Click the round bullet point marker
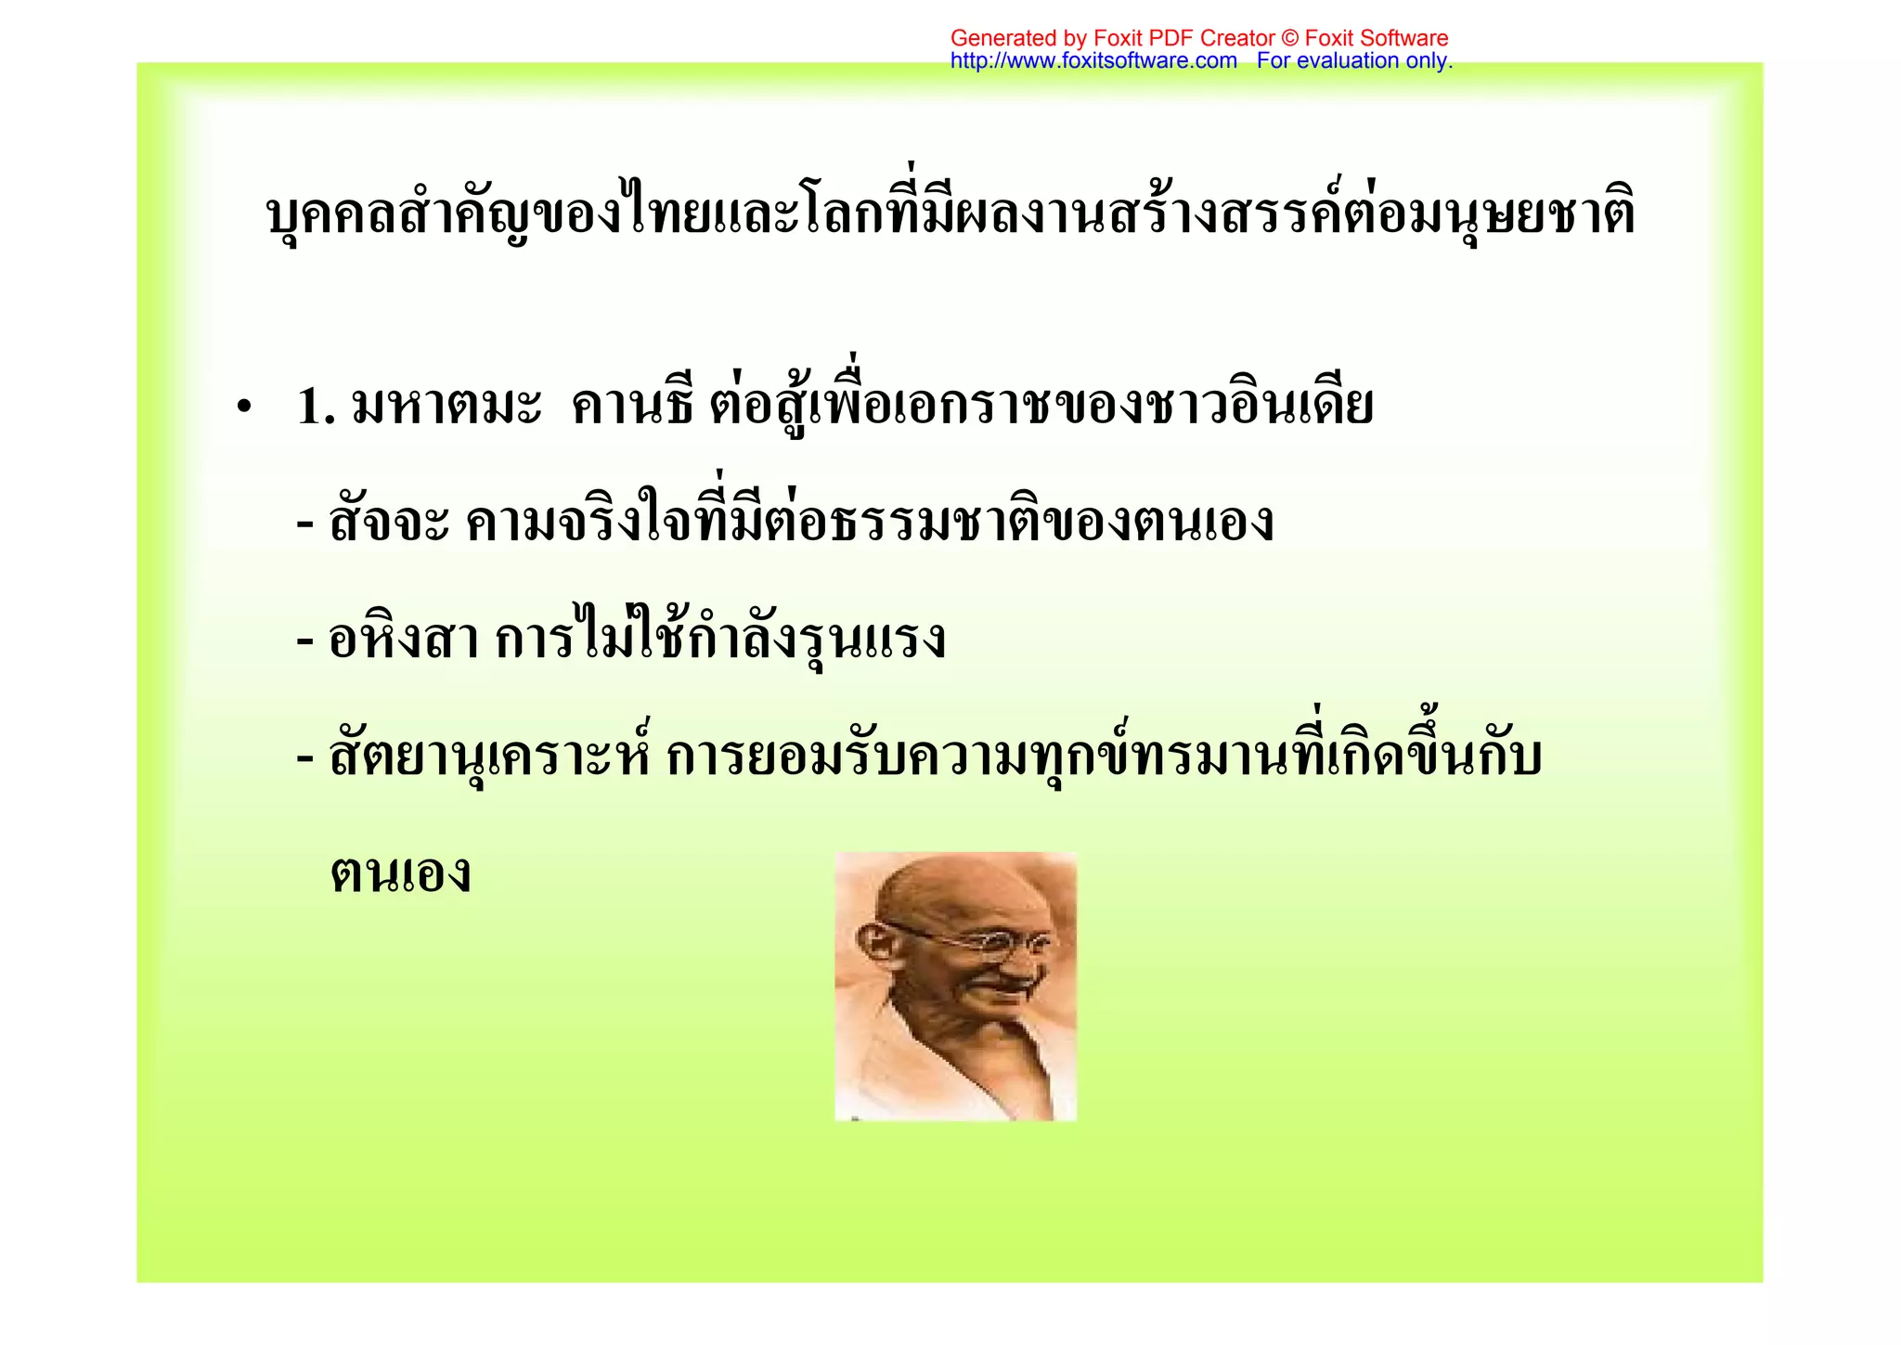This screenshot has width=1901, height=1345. point(244,408)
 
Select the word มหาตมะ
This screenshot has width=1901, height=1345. point(446,407)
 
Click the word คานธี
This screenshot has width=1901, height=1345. point(631,407)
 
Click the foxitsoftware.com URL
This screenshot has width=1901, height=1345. point(1093,61)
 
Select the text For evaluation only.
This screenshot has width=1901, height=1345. point(1354,61)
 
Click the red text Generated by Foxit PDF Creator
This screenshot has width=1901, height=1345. point(1112,38)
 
